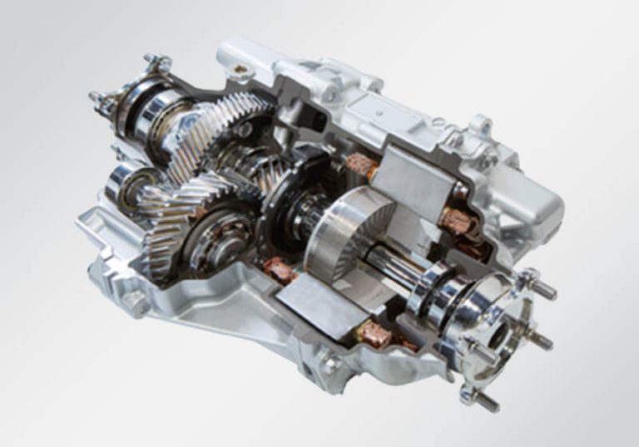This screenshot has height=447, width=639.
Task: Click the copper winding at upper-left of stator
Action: [360, 164]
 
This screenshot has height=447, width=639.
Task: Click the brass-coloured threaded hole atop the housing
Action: [240, 68]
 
